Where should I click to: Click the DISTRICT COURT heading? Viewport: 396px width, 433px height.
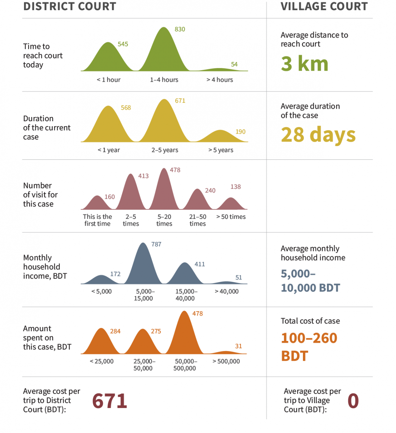tap(70, 6)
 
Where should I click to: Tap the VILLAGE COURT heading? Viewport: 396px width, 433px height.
tap(324, 6)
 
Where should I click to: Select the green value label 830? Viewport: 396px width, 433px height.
tap(180, 29)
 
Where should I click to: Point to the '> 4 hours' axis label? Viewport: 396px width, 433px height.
tap(220, 80)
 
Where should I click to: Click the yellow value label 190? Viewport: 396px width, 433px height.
tap(240, 132)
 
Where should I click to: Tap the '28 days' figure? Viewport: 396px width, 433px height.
tap(318, 135)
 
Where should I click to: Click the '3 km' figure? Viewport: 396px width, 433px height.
tap(305, 64)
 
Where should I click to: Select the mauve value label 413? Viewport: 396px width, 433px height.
tap(143, 176)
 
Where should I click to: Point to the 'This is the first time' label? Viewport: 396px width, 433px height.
tap(97, 220)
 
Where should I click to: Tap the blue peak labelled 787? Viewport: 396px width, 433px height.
tap(144, 264)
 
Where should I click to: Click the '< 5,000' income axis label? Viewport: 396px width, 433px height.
tap(102, 291)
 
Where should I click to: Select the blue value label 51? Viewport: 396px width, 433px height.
tap(239, 277)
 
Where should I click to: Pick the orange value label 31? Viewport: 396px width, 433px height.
tap(239, 346)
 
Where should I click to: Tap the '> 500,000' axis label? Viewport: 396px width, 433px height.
tap(226, 361)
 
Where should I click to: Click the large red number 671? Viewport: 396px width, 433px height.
tap(110, 401)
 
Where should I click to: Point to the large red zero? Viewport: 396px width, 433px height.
tap(353, 401)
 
